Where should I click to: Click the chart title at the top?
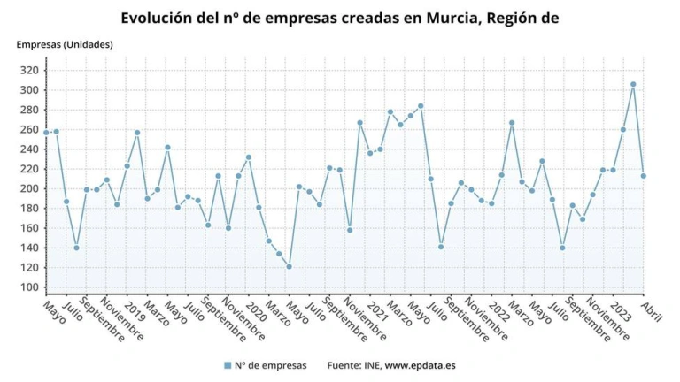coord(339,17)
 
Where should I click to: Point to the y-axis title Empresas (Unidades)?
coord(65,44)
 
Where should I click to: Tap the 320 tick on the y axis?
coord(29,71)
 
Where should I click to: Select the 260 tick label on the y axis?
coord(29,130)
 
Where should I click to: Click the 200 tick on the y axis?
coord(29,189)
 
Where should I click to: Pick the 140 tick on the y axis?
coord(29,248)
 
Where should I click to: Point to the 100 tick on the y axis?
coord(29,287)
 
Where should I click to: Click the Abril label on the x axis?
coord(653,310)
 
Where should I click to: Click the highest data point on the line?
coord(633,85)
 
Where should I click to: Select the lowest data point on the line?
coord(289,266)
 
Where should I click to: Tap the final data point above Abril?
coord(644,176)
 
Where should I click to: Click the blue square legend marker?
coord(228,365)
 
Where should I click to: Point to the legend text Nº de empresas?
coord(272,365)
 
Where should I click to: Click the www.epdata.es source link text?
coord(421,365)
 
